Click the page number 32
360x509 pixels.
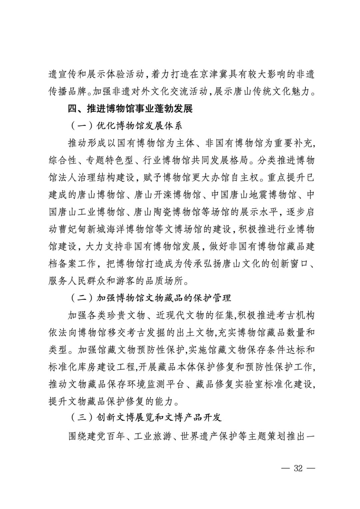coord(298,468)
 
